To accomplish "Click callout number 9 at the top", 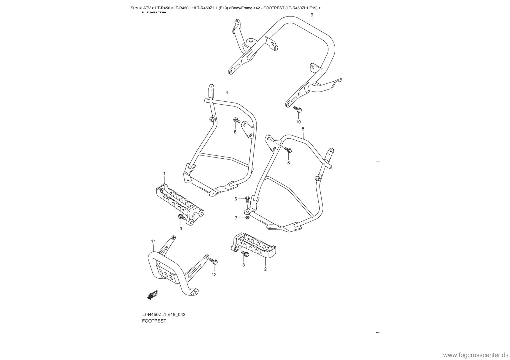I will click(312, 15).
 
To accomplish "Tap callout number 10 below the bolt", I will click(298, 122).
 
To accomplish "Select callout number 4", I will click(227, 92).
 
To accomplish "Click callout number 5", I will click(303, 129).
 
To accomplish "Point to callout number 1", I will click(164, 173).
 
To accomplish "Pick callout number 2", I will click(265, 269).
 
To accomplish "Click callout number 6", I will click(236, 199).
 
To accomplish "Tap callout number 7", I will click(236, 218).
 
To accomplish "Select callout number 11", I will click(153, 241).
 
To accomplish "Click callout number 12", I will click(214, 275).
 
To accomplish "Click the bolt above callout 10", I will click(298, 110).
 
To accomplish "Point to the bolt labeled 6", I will click(247, 199).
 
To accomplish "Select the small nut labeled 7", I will click(247, 218).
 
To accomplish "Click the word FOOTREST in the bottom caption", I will click(154, 321).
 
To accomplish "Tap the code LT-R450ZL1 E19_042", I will click(164, 315).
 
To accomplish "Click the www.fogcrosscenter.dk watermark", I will click(475, 355).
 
